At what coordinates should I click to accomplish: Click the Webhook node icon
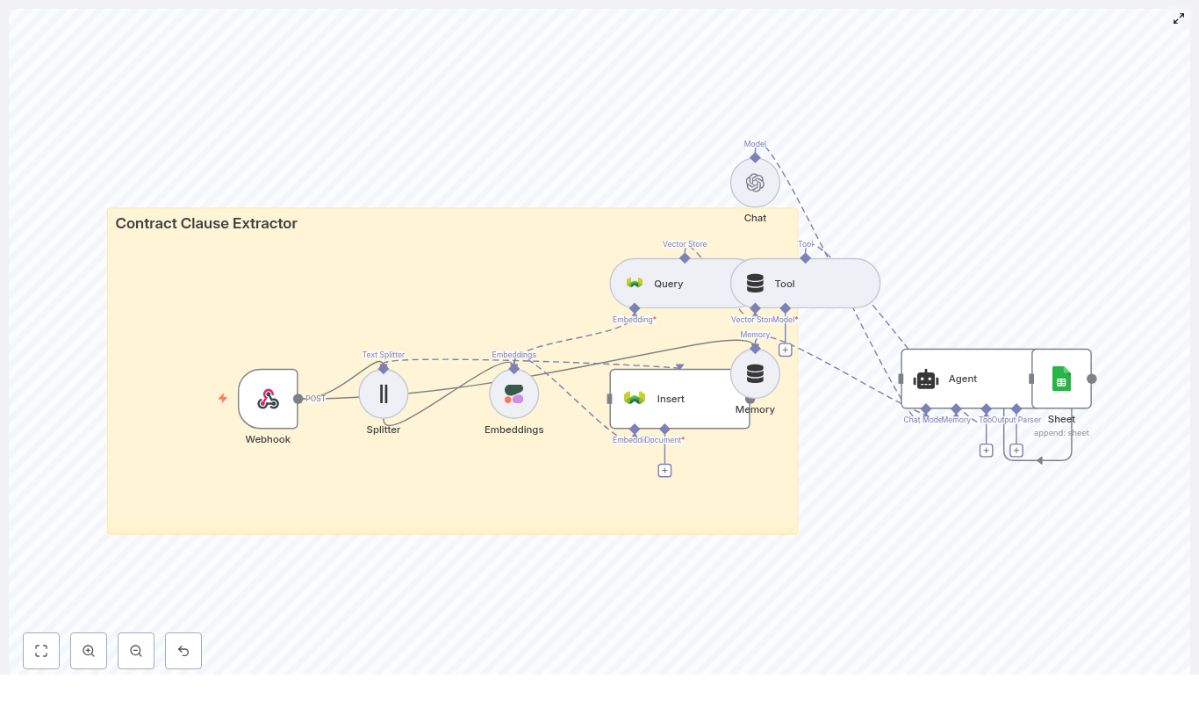[x=268, y=399]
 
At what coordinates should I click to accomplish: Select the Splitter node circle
[x=384, y=394]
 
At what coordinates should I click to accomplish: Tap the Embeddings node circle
[x=513, y=394]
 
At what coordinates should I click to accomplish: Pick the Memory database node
[x=755, y=374]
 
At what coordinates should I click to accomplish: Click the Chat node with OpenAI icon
[x=755, y=183]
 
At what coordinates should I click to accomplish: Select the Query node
[x=668, y=284]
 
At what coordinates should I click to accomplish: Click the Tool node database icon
[x=755, y=284]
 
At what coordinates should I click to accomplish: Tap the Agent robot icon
[x=926, y=379]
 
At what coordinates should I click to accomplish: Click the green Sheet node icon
[x=1061, y=379]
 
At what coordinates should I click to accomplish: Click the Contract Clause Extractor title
[x=206, y=224]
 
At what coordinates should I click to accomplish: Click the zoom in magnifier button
[x=89, y=651]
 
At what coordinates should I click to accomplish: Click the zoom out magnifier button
[x=136, y=651]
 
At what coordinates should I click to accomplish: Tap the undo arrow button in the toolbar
[x=183, y=651]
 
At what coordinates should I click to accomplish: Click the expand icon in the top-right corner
[x=1179, y=18]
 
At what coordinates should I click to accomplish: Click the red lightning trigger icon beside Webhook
[x=223, y=399]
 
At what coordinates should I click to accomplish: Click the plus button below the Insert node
[x=664, y=471]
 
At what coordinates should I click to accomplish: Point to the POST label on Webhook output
[x=315, y=399]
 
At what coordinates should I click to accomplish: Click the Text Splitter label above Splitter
[x=384, y=355]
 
